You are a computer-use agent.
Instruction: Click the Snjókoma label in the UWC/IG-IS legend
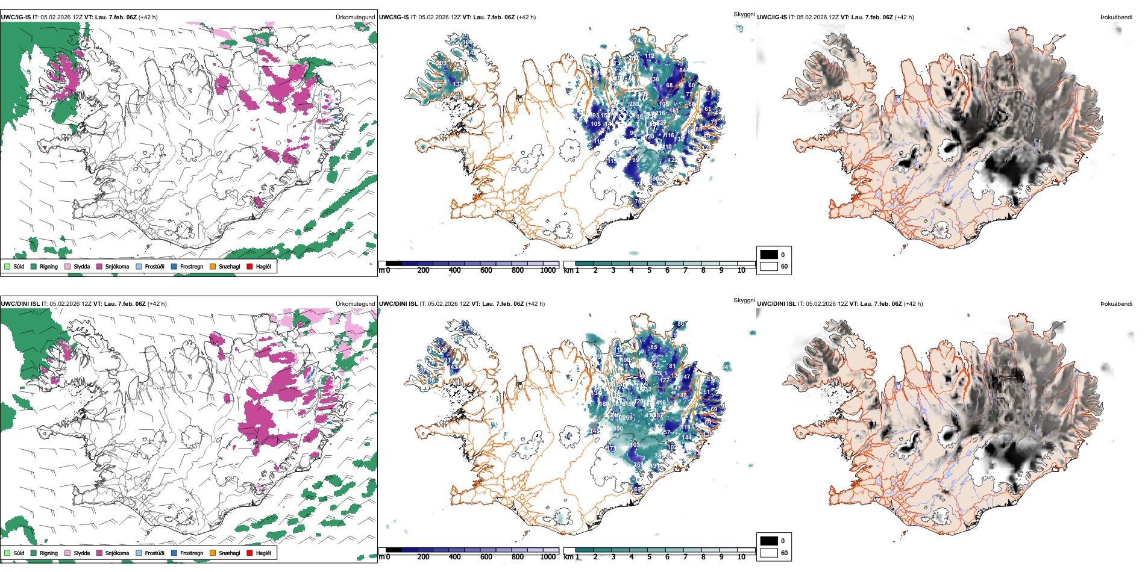coord(117,267)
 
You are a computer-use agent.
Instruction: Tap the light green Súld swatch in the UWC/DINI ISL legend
coord(7,553)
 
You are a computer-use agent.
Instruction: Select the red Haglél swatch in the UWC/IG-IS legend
coord(249,266)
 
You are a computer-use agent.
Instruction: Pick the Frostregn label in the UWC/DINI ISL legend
coord(192,553)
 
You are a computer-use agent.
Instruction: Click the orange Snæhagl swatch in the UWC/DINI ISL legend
coord(213,553)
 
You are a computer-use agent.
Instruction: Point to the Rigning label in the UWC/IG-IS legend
coord(49,267)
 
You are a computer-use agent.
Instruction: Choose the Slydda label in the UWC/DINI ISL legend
coord(81,553)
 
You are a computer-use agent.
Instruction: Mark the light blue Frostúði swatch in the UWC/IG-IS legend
coord(139,266)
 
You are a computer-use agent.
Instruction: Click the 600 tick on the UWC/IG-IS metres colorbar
coord(486,271)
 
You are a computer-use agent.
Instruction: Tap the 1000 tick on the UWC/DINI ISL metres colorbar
coord(548,558)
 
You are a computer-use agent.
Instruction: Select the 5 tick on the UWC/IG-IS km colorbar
coord(649,271)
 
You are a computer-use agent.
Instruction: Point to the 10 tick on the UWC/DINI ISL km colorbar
coord(741,558)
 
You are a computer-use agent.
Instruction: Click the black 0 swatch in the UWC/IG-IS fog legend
coord(769,255)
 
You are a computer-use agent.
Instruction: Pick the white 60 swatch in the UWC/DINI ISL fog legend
coord(769,553)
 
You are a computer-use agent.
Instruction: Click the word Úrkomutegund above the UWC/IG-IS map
coord(355,17)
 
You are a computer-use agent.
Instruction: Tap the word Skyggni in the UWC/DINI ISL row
coord(744,300)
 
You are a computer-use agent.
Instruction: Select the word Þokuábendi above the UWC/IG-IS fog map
coord(1116,17)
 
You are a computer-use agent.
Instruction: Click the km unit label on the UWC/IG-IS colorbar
coord(568,271)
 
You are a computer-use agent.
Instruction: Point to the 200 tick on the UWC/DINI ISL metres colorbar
coord(423,558)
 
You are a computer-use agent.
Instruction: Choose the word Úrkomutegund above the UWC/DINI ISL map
coord(355,304)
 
